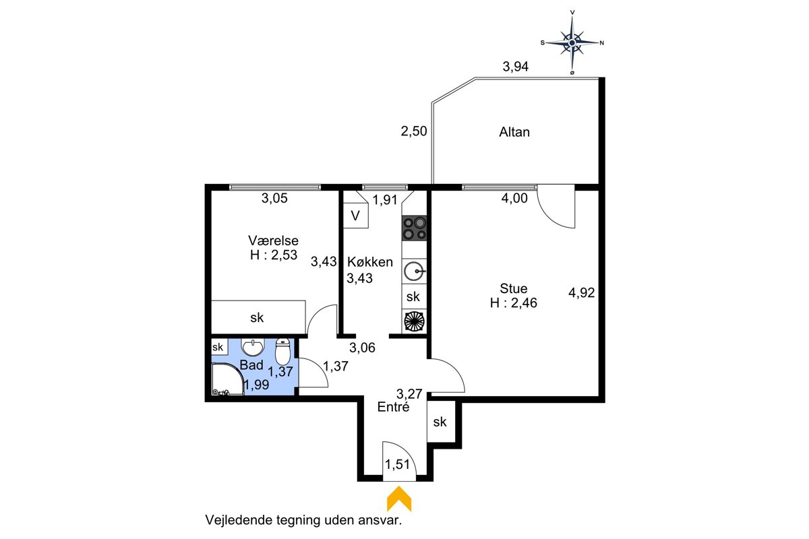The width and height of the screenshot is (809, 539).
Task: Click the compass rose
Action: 572,42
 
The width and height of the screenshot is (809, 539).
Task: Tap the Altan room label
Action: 514,132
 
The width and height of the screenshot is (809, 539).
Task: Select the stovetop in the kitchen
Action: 414,228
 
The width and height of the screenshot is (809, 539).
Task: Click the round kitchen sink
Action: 414,271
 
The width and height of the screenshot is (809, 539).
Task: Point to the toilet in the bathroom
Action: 282,352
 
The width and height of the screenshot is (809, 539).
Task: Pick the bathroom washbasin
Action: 253,347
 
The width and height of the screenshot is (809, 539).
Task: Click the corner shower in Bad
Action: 228,379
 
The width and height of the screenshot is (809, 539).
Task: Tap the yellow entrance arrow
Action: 399,499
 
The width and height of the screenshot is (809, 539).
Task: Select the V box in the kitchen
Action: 356,216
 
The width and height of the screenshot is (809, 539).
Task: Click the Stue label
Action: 513,288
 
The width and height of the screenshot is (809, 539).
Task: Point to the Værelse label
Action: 273,241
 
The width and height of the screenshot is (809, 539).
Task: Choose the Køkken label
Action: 370,261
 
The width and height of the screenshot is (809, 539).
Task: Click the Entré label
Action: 393,407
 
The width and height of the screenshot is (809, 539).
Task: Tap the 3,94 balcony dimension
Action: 515,67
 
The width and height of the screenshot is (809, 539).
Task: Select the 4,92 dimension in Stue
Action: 581,292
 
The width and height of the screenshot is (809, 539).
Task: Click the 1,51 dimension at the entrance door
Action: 397,464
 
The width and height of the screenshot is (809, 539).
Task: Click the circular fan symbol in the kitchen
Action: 414,321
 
